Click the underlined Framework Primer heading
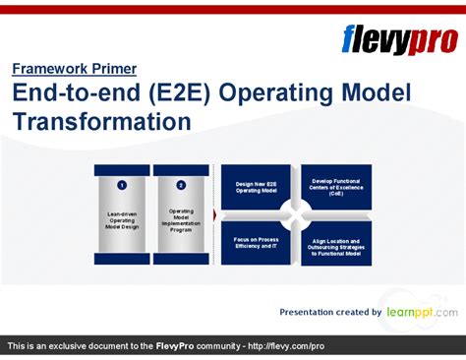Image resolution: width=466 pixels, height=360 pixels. [x=75, y=69]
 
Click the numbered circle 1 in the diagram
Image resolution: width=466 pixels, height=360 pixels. [x=121, y=184]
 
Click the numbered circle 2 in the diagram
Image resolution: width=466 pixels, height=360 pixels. [x=181, y=184]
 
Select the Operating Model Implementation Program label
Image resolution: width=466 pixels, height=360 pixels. [x=181, y=220]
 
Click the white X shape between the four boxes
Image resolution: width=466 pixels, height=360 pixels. [x=296, y=214]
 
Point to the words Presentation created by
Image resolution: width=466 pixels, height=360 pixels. [x=330, y=313]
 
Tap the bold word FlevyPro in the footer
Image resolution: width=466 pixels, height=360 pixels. [x=180, y=347]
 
